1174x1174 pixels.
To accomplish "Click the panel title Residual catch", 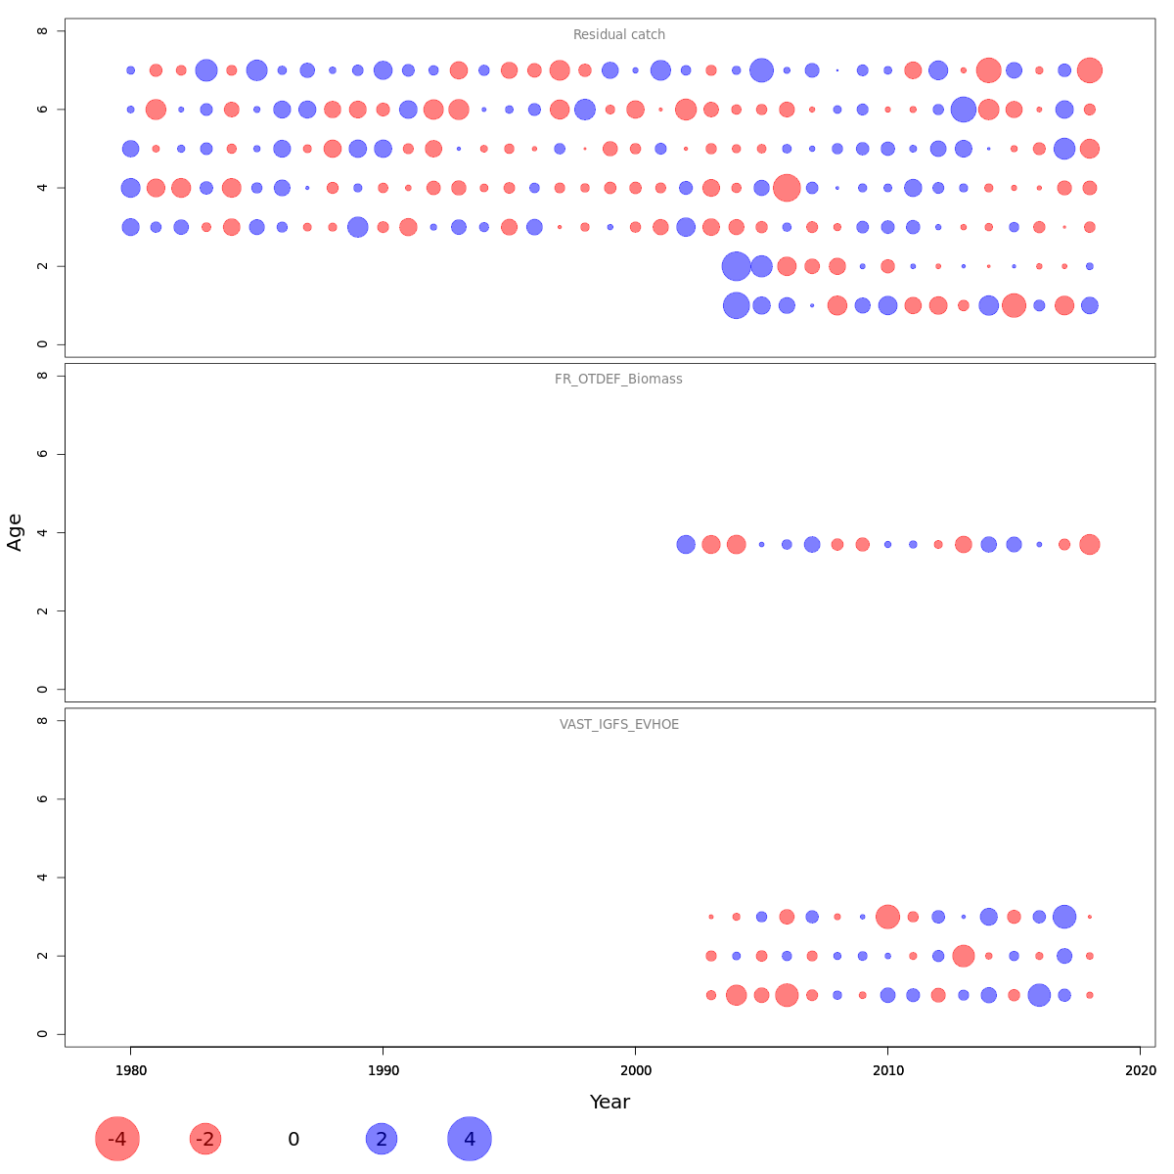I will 618,35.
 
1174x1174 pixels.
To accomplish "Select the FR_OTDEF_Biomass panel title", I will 618,380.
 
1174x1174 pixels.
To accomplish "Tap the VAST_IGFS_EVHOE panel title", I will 618,725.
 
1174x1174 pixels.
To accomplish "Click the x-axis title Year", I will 610,1103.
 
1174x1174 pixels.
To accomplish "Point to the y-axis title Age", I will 15,532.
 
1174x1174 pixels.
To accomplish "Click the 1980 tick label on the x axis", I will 130,1071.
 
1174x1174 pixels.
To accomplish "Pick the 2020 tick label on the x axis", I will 1141,1071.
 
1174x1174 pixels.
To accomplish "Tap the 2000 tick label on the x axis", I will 636,1071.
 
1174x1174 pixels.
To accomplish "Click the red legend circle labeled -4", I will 117,1139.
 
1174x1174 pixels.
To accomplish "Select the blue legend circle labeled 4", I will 470,1139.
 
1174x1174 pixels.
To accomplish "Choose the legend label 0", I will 293,1140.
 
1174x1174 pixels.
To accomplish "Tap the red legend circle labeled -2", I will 205,1139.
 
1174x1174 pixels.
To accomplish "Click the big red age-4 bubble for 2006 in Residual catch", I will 787,188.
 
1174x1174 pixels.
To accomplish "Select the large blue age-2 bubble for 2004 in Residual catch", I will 736,266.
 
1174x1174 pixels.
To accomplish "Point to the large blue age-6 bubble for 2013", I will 964,110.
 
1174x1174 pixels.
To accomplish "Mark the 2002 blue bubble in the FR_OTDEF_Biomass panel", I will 686,545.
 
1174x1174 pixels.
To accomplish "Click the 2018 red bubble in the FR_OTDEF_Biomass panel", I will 1090,545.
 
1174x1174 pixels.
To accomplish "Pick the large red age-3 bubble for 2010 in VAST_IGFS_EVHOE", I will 887,917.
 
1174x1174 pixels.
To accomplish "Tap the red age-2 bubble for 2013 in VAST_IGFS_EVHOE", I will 964,956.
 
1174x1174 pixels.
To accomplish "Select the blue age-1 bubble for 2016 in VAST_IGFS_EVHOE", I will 1039,995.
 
